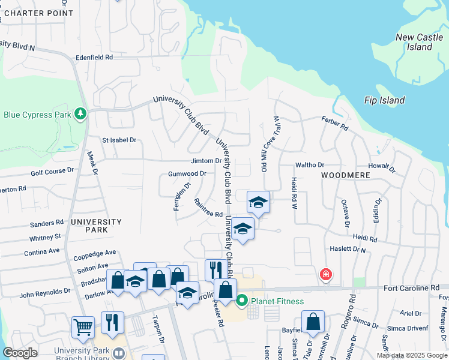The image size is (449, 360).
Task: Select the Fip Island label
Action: tap(384, 100)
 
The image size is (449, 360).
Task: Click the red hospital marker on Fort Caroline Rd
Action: tap(325, 275)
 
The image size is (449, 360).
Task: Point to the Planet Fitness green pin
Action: tap(243, 301)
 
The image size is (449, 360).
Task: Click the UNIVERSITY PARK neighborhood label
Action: tap(96, 226)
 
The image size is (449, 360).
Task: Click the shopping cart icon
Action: tap(82, 327)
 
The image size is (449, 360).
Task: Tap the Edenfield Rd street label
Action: tap(94, 58)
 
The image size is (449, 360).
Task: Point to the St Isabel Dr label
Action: tap(119, 140)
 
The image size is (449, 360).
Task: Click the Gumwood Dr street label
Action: tap(187, 173)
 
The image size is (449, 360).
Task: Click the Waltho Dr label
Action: tap(309, 165)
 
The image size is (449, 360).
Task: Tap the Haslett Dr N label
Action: tap(348, 248)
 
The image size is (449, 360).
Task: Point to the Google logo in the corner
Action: tap(20, 353)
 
